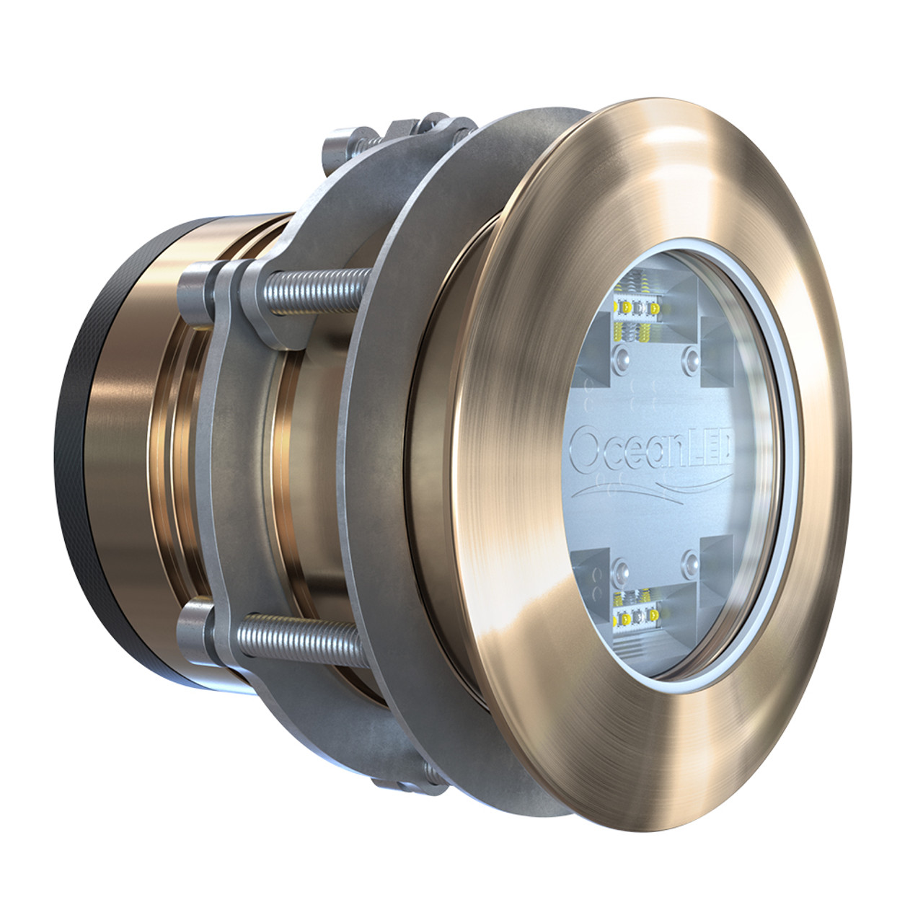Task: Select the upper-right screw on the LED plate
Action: pos(693,356)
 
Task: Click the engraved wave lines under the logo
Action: pos(649,491)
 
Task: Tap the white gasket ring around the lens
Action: pos(779,461)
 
